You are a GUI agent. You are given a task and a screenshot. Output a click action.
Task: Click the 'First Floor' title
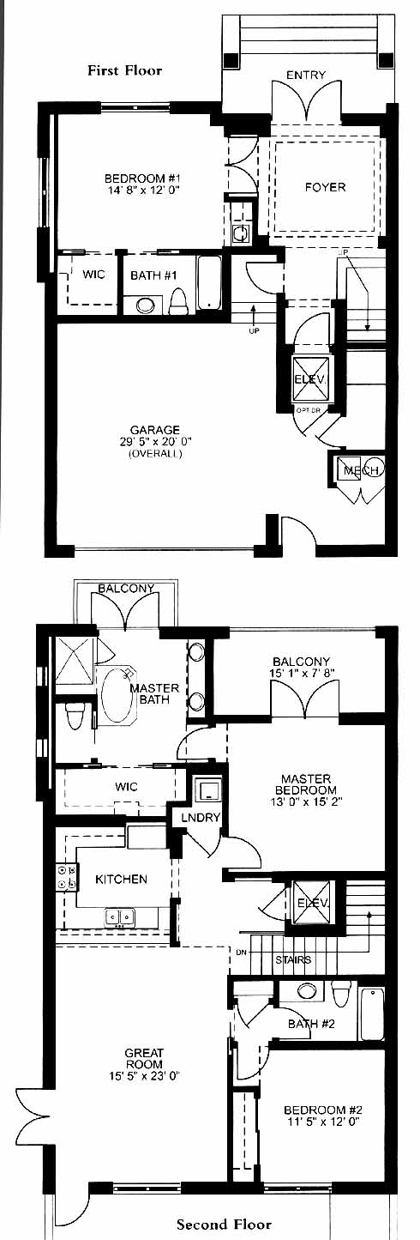point(125,70)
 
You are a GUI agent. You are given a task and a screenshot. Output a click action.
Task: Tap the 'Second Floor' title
point(225,1224)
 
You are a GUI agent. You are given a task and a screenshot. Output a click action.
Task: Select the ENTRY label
point(306,75)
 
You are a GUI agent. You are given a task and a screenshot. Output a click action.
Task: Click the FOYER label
point(326,187)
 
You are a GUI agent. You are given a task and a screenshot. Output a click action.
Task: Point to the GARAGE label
point(155,430)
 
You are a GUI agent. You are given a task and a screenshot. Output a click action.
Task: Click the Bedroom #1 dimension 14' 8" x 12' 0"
point(142,190)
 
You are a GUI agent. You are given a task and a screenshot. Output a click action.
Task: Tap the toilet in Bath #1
point(178,300)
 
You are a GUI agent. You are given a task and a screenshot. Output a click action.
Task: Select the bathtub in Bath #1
point(209,283)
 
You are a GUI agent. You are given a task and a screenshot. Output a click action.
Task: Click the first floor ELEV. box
point(310,378)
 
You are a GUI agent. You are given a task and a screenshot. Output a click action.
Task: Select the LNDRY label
point(201,817)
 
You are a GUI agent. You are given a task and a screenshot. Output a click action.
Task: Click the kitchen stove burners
point(67,877)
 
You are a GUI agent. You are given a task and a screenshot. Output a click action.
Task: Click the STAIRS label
point(293,959)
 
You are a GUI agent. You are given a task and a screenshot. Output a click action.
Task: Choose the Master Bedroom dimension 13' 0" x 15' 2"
point(306,801)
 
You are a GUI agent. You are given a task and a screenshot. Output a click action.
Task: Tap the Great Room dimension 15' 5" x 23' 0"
point(145,1075)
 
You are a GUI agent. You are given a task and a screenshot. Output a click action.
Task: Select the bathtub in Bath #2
point(371,1013)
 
